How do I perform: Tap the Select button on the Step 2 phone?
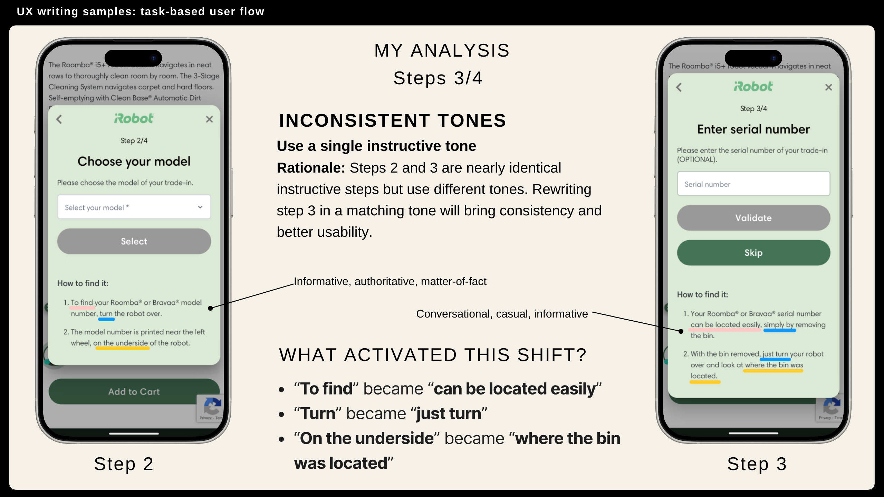134,241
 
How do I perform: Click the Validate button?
753,218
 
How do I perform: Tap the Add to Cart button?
134,392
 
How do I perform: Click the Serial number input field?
753,184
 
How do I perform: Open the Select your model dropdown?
134,207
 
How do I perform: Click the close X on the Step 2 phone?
209,119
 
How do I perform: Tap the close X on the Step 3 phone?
829,87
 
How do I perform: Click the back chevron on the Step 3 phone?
679,87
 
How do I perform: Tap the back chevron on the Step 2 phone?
59,119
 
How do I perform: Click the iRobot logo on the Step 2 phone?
134,118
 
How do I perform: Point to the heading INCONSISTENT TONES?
392,120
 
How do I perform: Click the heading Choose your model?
134,161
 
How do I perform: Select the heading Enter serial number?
753,129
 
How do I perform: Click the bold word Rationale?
311,168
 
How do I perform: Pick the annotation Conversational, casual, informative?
502,314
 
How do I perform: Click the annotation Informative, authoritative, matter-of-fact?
390,281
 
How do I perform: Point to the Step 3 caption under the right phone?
757,464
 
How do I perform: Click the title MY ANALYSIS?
442,50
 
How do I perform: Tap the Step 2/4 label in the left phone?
134,140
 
